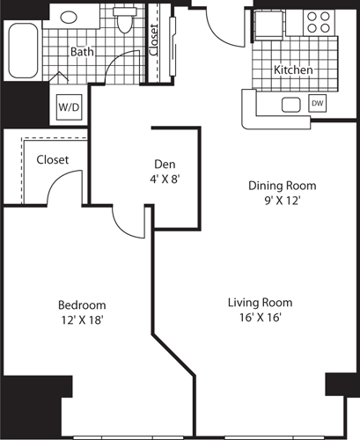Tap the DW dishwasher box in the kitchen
coord(317,104)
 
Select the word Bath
coord(82,52)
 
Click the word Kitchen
coord(293,70)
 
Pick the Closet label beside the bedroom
coord(52,160)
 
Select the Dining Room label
coord(281,186)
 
